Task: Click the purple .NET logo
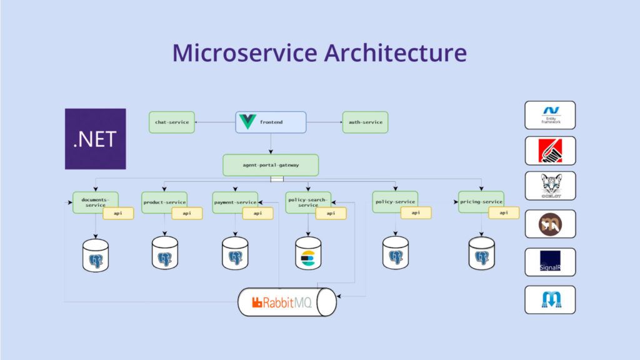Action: point(95,139)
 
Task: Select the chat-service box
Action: point(172,122)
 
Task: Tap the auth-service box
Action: point(365,122)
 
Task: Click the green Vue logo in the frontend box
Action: point(247,122)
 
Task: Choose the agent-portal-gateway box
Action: point(271,165)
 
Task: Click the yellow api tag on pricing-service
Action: point(504,213)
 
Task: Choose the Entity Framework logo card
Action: point(550,115)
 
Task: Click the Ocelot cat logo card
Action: point(550,186)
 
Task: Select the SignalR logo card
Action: point(550,262)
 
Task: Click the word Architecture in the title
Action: point(395,52)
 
